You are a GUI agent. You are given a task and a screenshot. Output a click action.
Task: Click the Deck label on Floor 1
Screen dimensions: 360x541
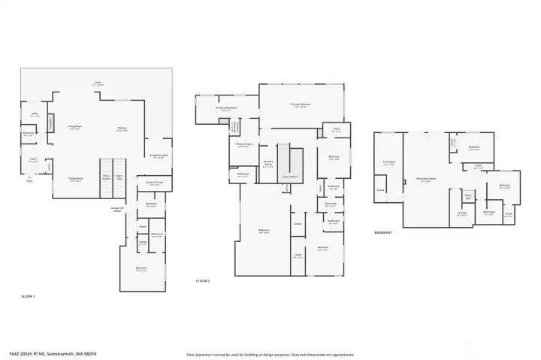97,83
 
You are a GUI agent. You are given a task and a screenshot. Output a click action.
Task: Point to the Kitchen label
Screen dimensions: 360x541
122,129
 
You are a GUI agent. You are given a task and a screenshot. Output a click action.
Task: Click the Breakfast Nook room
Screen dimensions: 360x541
159,156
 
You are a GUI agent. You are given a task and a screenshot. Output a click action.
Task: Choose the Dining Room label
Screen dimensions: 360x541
75,179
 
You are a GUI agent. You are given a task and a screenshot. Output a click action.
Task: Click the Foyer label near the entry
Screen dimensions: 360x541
33,159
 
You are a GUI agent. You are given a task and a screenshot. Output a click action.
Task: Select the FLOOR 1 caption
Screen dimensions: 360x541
29,298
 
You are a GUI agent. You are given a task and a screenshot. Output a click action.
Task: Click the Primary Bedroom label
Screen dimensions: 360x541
301,104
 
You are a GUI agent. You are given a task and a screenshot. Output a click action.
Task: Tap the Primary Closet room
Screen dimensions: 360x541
243,144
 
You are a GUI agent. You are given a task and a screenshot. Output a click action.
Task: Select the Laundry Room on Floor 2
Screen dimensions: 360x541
267,162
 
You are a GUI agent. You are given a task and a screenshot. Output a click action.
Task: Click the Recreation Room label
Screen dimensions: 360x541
426,179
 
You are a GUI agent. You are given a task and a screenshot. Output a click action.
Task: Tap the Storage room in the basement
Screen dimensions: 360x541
462,213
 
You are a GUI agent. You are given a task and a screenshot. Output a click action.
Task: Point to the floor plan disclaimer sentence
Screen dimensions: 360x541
270,353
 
